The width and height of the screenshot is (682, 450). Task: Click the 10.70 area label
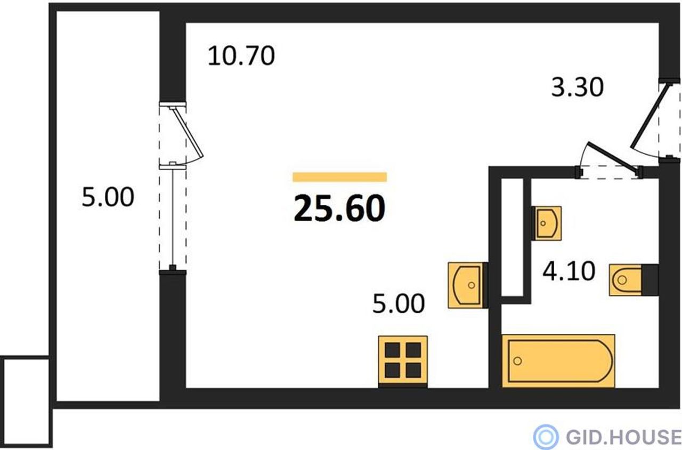(241, 56)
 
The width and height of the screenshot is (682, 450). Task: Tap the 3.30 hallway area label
(577, 87)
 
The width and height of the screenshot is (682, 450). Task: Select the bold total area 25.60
(339, 208)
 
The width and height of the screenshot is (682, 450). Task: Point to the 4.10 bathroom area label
(569, 271)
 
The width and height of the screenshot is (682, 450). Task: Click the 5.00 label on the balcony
(108, 197)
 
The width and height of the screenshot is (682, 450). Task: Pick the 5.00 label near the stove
(399, 303)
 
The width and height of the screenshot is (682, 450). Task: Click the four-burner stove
(403, 361)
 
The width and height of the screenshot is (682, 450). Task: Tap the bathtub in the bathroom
(558, 361)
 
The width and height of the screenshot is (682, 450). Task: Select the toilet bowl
(626, 280)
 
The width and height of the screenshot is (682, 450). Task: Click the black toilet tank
(650, 280)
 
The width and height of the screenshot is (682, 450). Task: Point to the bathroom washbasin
(547, 223)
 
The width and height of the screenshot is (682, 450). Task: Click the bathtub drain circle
(517, 361)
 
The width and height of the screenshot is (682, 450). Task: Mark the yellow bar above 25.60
(340, 177)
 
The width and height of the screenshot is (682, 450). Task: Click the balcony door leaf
(188, 133)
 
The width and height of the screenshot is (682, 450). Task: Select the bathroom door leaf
(613, 159)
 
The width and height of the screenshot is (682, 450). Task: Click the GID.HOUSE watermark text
(623, 437)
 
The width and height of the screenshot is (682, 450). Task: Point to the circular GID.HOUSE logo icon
(546, 437)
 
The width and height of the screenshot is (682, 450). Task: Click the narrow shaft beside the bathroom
(513, 237)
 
